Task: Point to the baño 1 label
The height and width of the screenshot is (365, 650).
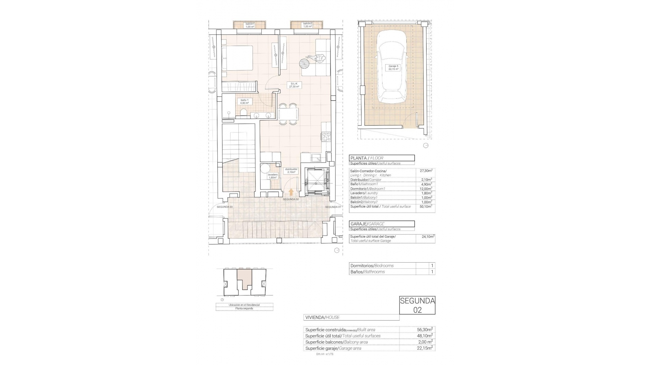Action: (x=244, y=101)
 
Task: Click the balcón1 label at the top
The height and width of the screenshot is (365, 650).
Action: (x=250, y=25)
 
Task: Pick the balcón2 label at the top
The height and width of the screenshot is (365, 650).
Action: (x=307, y=25)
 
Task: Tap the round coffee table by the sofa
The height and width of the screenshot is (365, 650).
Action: (x=304, y=64)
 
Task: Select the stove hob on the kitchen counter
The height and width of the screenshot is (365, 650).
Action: (x=326, y=137)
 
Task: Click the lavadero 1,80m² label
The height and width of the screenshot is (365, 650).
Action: (x=273, y=176)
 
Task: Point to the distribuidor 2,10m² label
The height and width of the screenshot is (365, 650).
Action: (x=291, y=170)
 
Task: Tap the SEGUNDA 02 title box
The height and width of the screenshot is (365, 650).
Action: (x=417, y=305)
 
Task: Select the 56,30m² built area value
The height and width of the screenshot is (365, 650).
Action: (x=425, y=330)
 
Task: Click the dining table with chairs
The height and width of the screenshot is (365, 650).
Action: (x=289, y=114)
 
